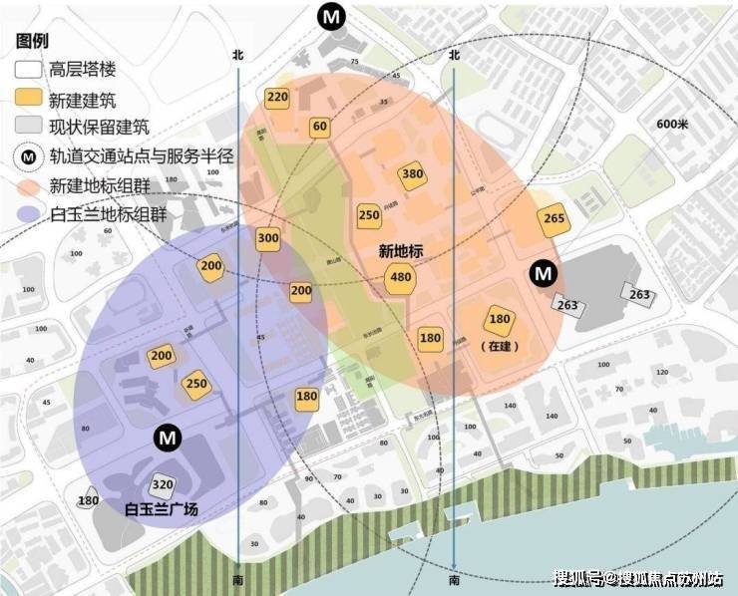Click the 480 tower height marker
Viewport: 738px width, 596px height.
click(x=401, y=277)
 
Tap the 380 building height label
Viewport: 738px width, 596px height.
click(x=412, y=174)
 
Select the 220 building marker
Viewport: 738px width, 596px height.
click(x=277, y=98)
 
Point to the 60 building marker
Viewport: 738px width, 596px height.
click(x=319, y=127)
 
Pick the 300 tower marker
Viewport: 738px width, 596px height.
click(x=267, y=239)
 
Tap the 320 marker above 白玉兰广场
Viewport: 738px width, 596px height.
click(x=161, y=485)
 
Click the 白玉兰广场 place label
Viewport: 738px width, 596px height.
click(x=162, y=509)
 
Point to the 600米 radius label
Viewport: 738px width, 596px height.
click(x=673, y=124)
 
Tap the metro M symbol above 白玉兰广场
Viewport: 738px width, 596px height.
click(x=166, y=438)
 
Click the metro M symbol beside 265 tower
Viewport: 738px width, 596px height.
click(x=543, y=271)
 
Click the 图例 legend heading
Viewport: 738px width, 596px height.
click(x=33, y=42)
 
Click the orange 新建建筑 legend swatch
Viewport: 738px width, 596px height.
click(x=28, y=99)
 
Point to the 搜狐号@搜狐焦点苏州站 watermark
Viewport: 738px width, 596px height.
click(x=639, y=579)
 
